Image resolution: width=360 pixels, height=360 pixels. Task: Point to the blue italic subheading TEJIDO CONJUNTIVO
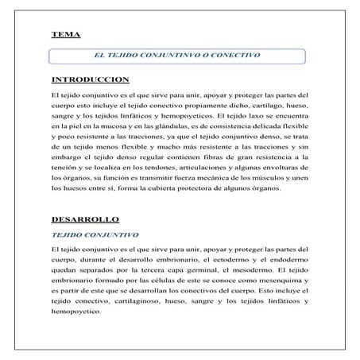[x=95, y=235]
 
